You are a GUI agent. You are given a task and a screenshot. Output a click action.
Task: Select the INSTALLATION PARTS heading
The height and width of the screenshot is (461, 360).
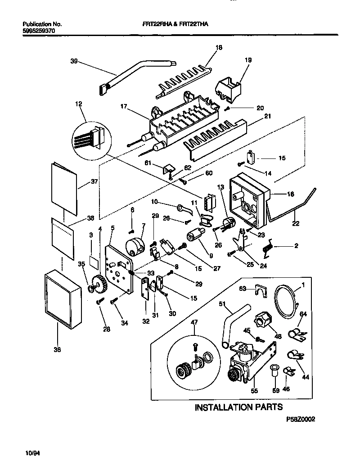[x=238, y=407]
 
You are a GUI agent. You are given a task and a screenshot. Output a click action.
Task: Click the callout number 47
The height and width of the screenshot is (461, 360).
[x=194, y=322]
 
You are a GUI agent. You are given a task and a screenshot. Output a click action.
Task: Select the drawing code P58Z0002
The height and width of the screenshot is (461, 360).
[x=301, y=419]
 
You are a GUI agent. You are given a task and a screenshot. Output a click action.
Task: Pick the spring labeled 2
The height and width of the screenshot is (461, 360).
[x=269, y=247]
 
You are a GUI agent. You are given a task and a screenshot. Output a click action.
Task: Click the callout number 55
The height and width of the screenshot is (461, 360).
[x=254, y=392]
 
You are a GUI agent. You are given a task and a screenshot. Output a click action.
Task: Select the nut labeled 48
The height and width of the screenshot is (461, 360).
[x=261, y=321]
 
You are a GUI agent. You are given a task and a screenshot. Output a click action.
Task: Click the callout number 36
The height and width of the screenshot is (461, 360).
[x=57, y=349]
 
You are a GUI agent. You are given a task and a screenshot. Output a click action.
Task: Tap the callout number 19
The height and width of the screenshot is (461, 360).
[x=248, y=59]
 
